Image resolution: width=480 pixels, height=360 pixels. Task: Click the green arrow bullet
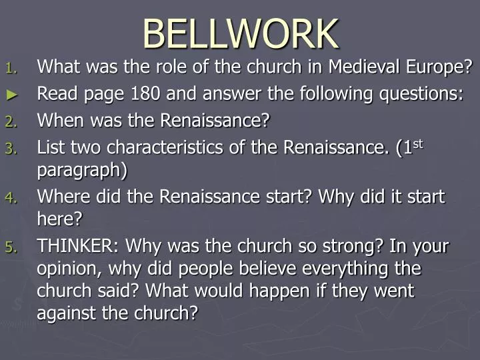[x=11, y=95]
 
